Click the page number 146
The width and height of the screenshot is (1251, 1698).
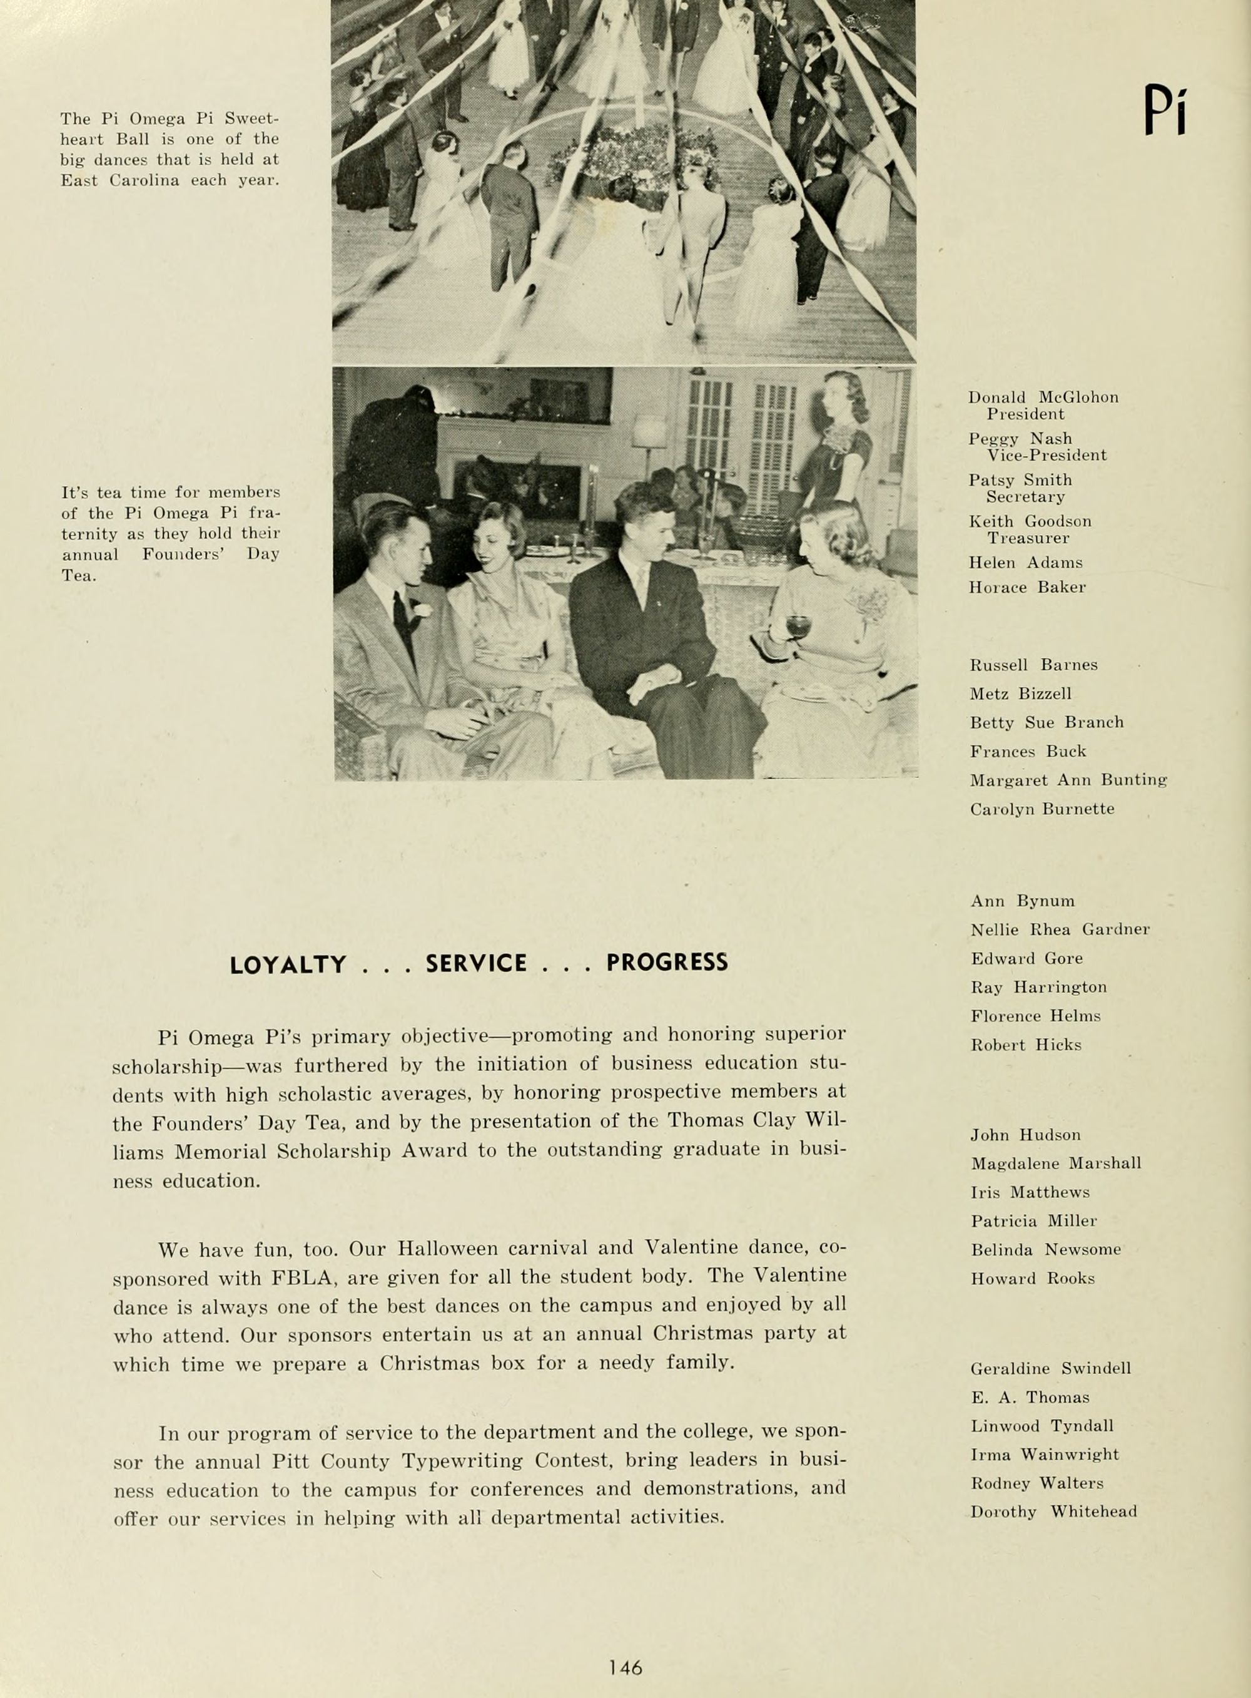click(x=625, y=1645)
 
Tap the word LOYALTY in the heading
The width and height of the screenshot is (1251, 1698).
click(x=288, y=964)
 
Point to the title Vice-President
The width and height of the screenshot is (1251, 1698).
click(x=1046, y=456)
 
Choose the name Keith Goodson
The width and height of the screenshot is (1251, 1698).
click(x=1030, y=521)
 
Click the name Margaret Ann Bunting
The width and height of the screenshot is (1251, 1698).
click(x=1068, y=780)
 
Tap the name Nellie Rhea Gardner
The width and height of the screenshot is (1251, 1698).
click(x=1060, y=929)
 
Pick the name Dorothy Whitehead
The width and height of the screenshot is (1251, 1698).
click(x=1053, y=1511)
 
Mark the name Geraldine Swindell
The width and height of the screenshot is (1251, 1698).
click(x=1050, y=1368)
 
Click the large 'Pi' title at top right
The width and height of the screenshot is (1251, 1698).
click(x=1165, y=111)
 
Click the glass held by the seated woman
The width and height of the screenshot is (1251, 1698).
click(x=798, y=627)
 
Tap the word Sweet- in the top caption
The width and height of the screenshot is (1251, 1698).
click(x=252, y=119)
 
